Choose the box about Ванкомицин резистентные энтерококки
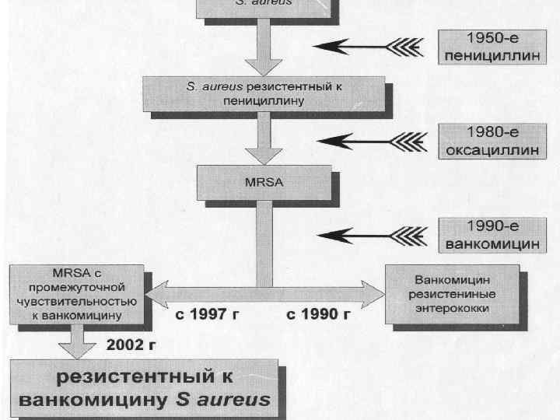[x=456, y=296]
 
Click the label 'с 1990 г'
[x=318, y=314]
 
